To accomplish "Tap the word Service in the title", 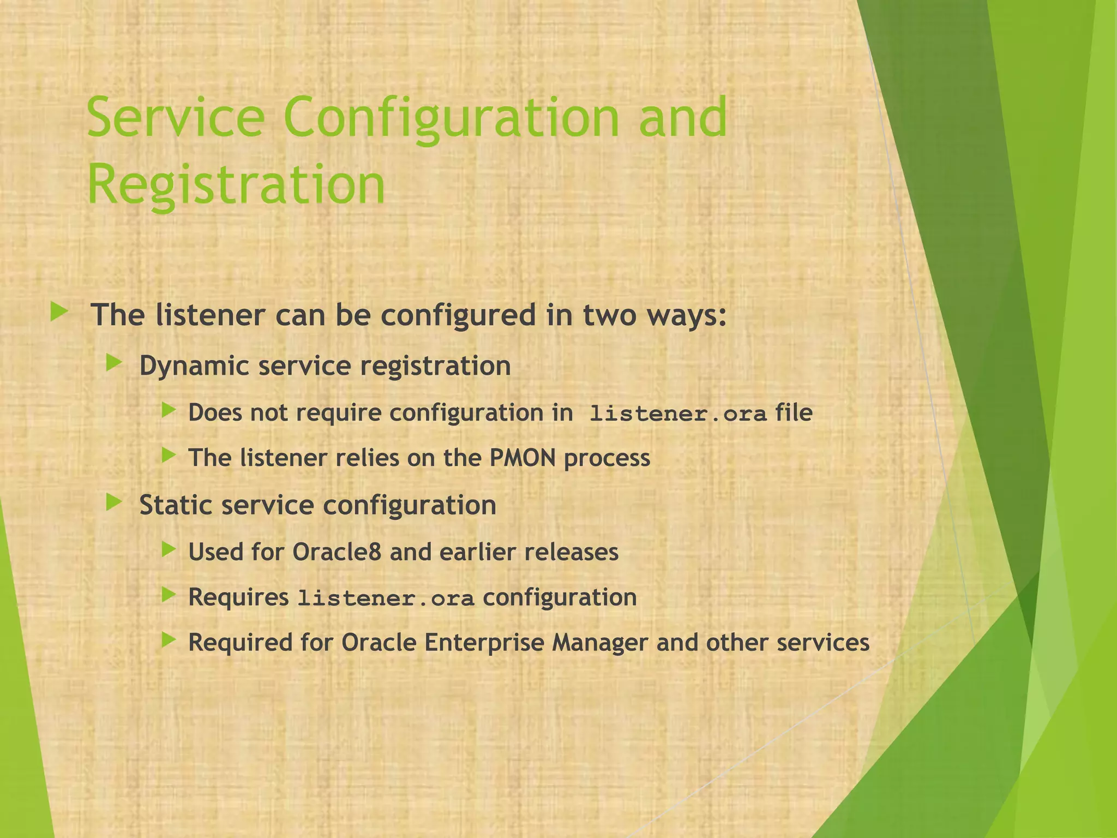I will coord(176,117).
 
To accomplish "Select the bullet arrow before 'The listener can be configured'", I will coord(59,313).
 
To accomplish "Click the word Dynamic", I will coord(194,366).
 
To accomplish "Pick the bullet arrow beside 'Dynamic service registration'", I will coord(113,363).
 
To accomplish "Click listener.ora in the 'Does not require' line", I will coord(678,414).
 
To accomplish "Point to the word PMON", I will coord(522,457).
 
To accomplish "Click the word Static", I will coord(175,505).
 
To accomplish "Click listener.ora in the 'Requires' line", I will coord(386,598).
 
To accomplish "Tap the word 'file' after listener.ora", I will coord(794,412).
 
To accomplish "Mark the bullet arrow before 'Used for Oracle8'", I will coord(169,549).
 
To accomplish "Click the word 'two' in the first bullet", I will coord(609,315).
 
